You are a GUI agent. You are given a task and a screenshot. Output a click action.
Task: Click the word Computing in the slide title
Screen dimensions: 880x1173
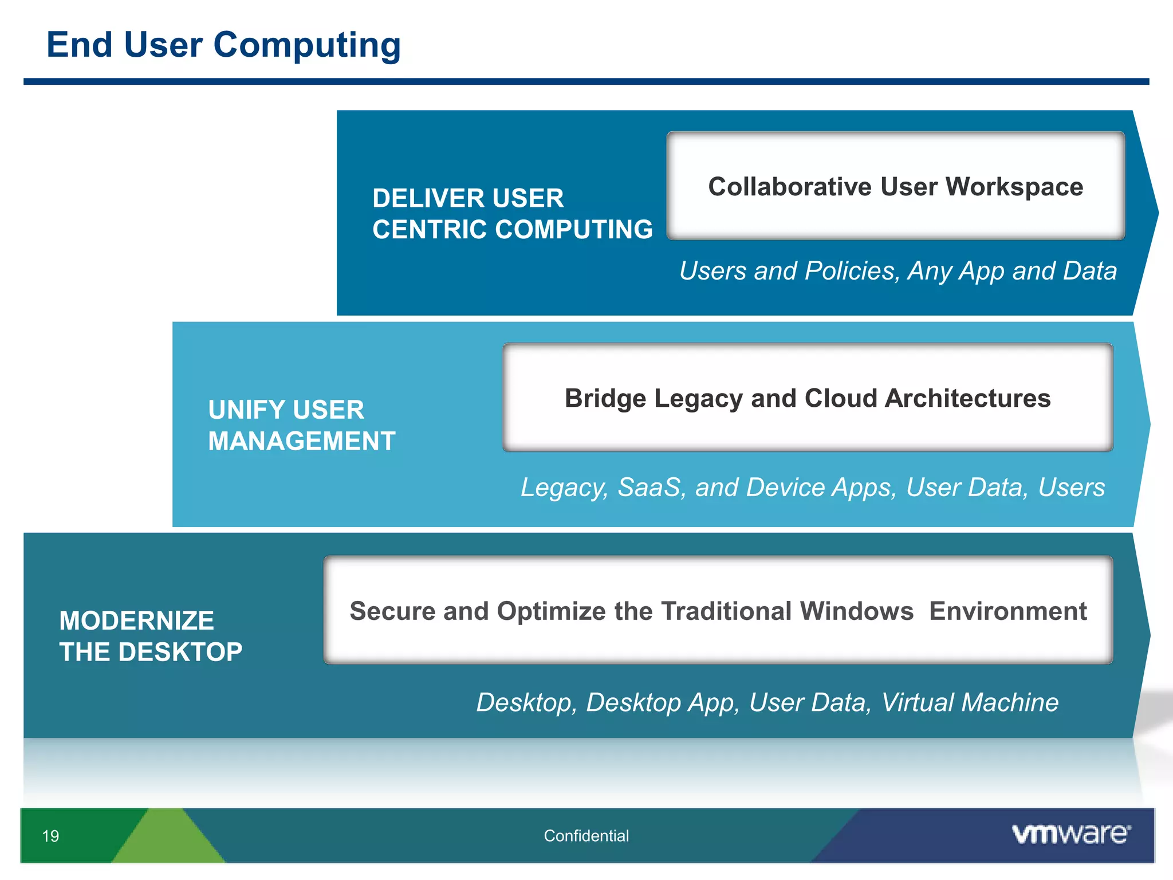pyautogui.click(x=307, y=46)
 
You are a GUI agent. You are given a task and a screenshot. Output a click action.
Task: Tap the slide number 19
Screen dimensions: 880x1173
pyautogui.click(x=50, y=836)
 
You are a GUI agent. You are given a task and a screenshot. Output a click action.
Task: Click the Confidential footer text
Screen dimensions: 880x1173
pyautogui.click(x=586, y=836)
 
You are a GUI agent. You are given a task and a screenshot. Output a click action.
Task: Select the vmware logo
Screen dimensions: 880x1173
pyautogui.click(x=1070, y=834)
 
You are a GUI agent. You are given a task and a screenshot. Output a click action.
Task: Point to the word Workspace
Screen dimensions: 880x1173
pyautogui.click(x=1014, y=187)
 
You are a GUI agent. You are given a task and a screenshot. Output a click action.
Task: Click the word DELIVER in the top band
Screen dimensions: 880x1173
pyautogui.click(x=423, y=198)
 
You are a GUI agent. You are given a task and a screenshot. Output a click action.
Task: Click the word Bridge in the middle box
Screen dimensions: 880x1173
pyautogui.click(x=605, y=399)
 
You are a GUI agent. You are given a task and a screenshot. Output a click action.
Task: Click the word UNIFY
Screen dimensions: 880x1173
pyautogui.click(x=246, y=410)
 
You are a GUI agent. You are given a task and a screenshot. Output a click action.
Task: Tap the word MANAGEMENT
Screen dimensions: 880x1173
pyautogui.click(x=302, y=441)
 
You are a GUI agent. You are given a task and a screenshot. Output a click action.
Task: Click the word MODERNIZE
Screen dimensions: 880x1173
pyautogui.click(x=137, y=621)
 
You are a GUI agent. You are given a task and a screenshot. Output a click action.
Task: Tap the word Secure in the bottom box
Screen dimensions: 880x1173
pyautogui.click(x=392, y=611)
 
